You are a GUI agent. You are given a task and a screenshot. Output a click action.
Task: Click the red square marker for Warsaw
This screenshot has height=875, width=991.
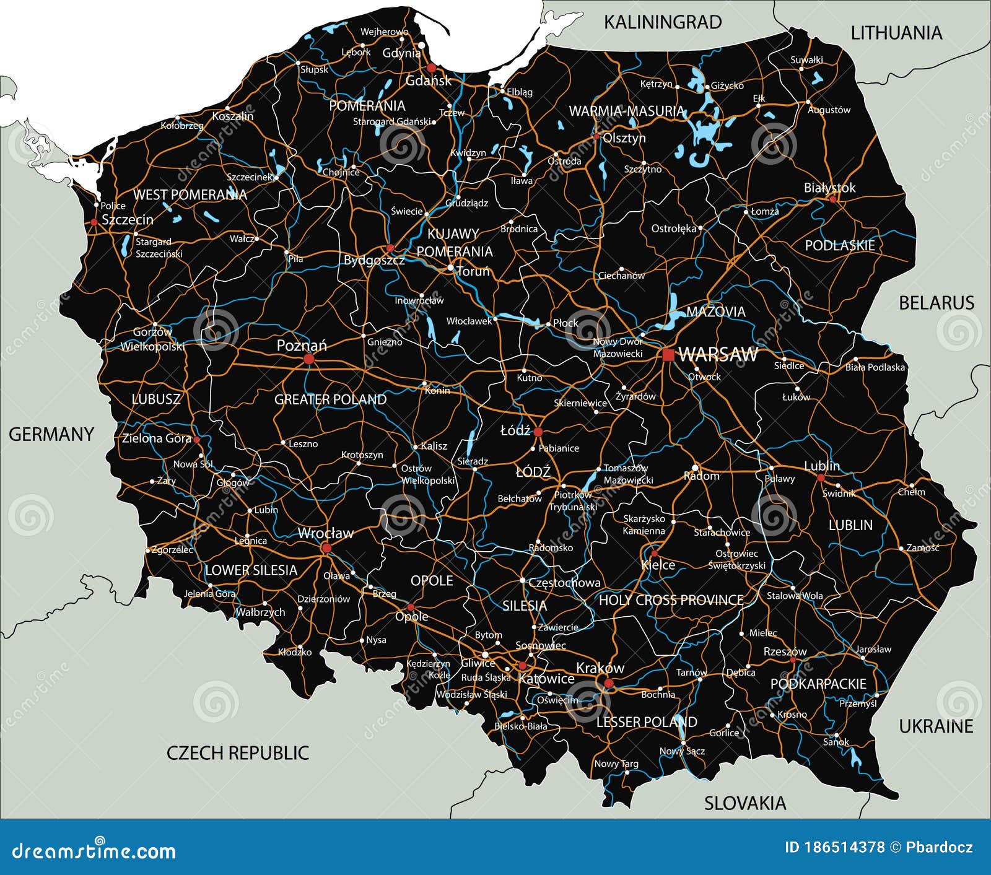pyautogui.click(x=668, y=355)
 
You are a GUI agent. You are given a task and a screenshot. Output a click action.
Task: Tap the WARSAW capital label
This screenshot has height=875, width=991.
pyautogui.click(x=718, y=354)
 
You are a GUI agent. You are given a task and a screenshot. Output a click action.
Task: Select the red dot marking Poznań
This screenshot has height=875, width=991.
pyautogui.click(x=308, y=359)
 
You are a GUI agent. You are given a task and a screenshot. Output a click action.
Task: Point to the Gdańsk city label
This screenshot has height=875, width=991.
pyautogui.click(x=428, y=81)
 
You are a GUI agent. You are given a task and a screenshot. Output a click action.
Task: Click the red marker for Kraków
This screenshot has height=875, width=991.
pyautogui.click(x=608, y=683)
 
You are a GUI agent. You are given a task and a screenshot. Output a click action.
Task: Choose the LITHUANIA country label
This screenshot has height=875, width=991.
pyautogui.click(x=896, y=33)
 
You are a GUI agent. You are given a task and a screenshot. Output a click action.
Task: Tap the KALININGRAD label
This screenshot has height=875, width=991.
pyautogui.click(x=662, y=22)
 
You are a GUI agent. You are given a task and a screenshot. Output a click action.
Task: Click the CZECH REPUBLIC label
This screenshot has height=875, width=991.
pyautogui.click(x=237, y=753)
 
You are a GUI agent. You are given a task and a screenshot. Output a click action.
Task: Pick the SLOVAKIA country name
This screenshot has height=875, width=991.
pyautogui.click(x=744, y=803)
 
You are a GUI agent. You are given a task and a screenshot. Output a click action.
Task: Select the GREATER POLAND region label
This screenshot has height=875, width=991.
pyautogui.click(x=330, y=399)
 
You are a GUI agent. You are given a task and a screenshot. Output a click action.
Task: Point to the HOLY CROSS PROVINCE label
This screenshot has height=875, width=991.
pyautogui.click(x=671, y=600)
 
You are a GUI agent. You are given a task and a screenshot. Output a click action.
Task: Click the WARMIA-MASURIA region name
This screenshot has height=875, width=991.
pyautogui.click(x=627, y=111)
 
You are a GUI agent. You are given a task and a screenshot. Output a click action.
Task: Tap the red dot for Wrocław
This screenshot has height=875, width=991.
pyautogui.click(x=326, y=548)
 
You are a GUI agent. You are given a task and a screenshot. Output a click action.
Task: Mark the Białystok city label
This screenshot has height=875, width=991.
pyautogui.click(x=829, y=188)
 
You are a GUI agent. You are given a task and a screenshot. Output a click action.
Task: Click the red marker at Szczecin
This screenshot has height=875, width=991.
pyautogui.click(x=94, y=222)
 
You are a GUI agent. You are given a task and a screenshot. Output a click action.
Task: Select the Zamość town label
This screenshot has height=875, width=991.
pyautogui.click(x=922, y=548)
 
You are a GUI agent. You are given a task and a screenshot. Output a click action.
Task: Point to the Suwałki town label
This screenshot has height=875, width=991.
pyautogui.click(x=806, y=60)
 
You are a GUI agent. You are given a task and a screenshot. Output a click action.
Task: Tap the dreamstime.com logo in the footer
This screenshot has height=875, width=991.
pyautogui.click(x=94, y=851)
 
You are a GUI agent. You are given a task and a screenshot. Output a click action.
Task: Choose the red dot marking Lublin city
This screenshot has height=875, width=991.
pyautogui.click(x=821, y=477)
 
